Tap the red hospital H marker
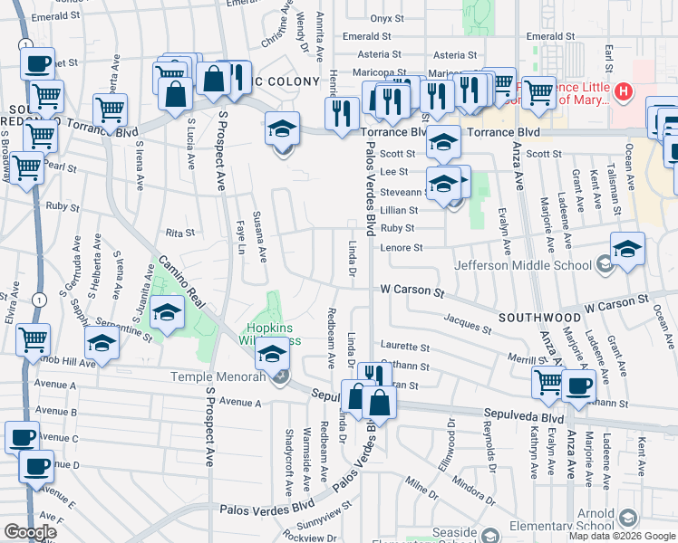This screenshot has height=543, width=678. pyautogui.click(x=623, y=91)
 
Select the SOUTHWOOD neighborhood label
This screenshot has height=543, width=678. pyautogui.click(x=539, y=319)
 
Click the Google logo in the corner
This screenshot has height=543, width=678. pyautogui.click(x=30, y=532)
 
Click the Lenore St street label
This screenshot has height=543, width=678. pyautogui.click(x=402, y=247)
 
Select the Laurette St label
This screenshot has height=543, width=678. pyautogui.click(x=404, y=347)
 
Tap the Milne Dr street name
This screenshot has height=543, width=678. pyautogui.click(x=421, y=492)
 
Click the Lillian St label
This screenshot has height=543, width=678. pyautogui.click(x=398, y=209)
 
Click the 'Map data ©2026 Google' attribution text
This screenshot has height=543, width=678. pyautogui.click(x=621, y=536)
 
